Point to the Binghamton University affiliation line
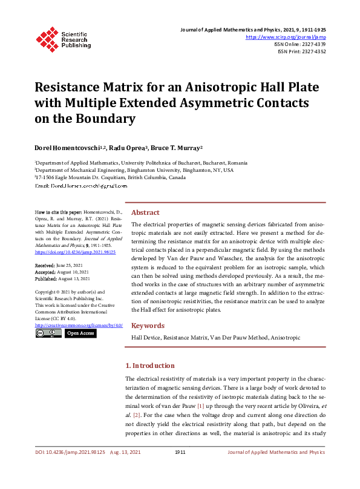(134, 171)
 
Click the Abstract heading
(145, 213)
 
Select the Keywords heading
(148, 326)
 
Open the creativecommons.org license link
(79, 326)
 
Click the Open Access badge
(80, 333)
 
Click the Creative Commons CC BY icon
(47, 333)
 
